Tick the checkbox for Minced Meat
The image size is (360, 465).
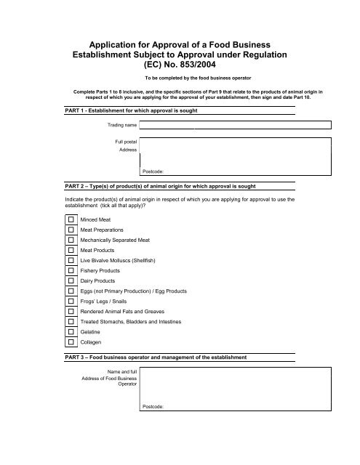[71, 218]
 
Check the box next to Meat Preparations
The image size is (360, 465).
[71, 229]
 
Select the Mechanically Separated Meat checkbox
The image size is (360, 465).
[71, 239]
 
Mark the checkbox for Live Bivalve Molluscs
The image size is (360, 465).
[71, 259]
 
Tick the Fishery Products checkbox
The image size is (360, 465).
[71, 270]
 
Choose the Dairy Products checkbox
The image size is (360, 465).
[71, 280]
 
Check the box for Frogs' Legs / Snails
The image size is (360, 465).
[71, 300]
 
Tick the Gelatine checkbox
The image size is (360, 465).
[71, 331]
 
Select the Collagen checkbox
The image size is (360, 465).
[71, 341]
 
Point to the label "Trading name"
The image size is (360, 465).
[120, 126]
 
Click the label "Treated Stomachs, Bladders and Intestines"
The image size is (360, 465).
[126, 320]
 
